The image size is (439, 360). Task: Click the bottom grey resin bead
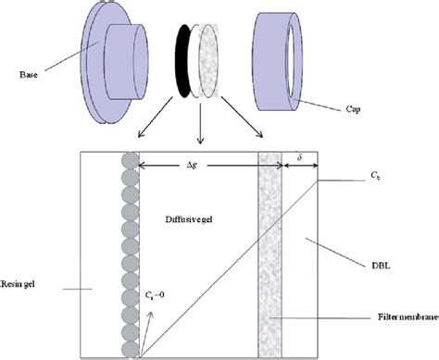click(x=130, y=347)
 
